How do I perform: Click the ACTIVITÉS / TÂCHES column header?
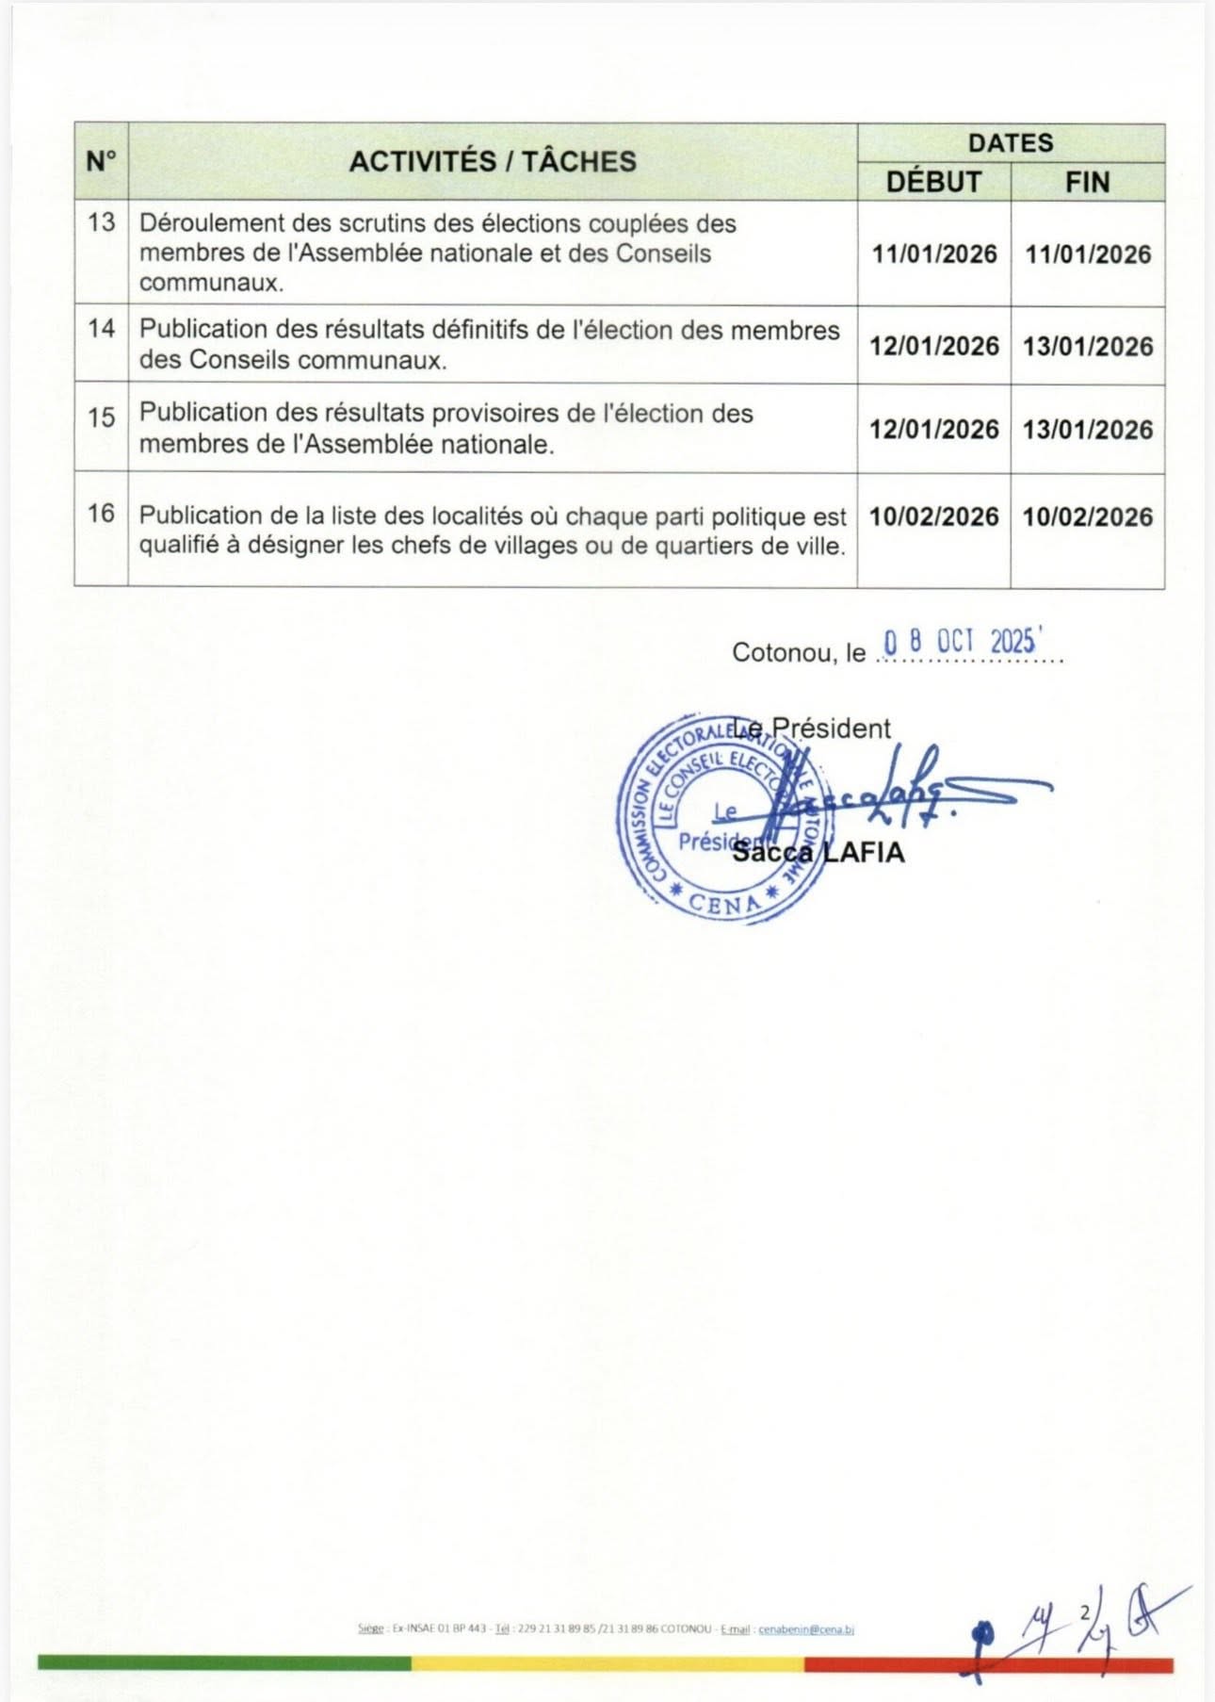pos(493,161)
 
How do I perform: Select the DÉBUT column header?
pos(933,182)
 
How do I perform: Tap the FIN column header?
pos(1087,182)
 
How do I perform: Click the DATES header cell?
pos(1011,143)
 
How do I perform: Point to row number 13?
pos(101,222)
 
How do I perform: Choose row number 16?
pos(101,514)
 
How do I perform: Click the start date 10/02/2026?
pos(933,516)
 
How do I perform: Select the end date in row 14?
pos(1088,346)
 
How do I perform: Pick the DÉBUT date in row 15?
pos(933,429)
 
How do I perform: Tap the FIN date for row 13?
pos(1088,254)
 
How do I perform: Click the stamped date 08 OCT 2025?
pos(960,642)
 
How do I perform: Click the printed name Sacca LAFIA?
pos(818,853)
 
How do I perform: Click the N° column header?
pos(101,161)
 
